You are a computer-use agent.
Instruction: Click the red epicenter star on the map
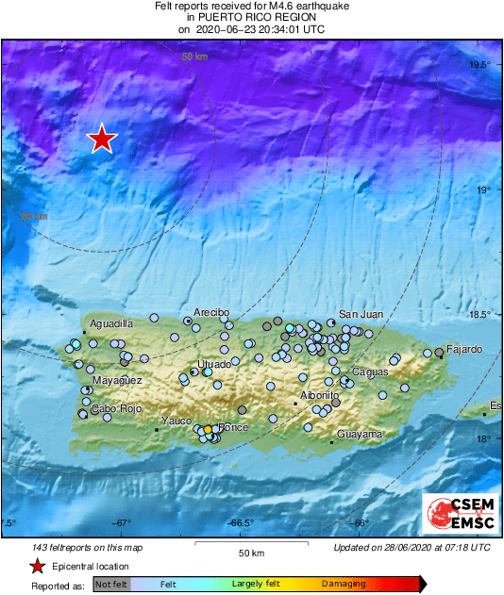[x=102, y=140]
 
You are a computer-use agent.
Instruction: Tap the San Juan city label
[x=360, y=314]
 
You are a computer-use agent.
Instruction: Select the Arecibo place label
[x=211, y=312]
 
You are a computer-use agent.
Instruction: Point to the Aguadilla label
[x=110, y=323]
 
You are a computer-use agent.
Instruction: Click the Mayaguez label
[x=116, y=380]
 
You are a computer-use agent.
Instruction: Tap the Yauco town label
[x=176, y=421]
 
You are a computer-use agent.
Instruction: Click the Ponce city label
[x=232, y=427]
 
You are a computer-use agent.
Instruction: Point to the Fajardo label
[x=464, y=349]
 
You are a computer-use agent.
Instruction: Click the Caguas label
[x=370, y=372]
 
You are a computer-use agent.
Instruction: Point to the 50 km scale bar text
[x=250, y=552]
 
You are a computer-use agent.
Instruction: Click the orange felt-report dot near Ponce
[x=208, y=430]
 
